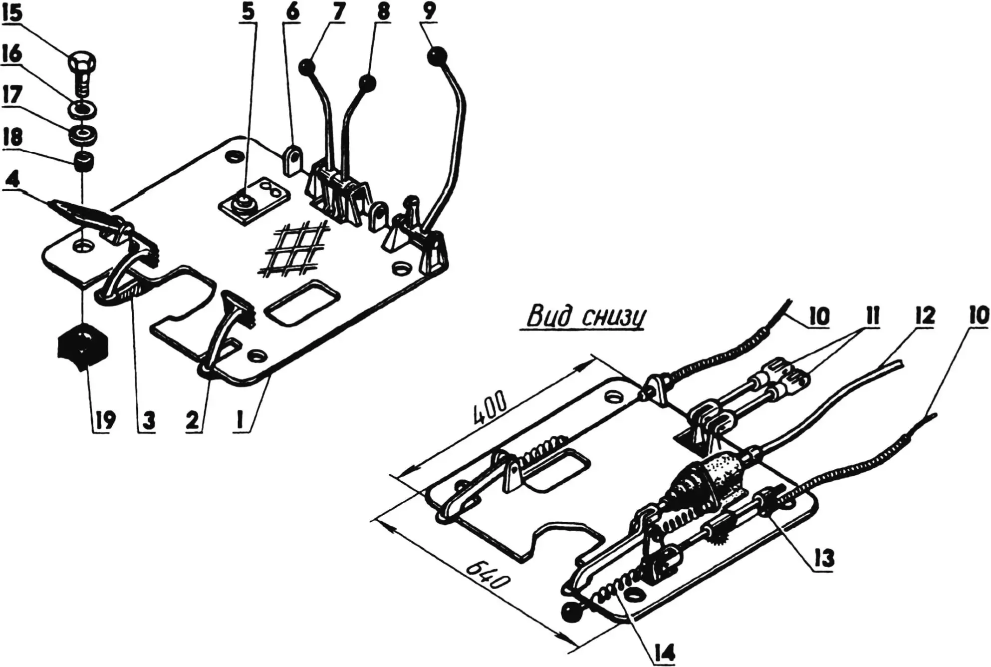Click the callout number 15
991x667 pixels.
point(12,13)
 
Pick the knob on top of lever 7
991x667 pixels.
point(306,67)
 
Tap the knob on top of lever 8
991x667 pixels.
point(367,82)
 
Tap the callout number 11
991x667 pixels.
point(869,316)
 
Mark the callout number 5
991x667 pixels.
point(248,12)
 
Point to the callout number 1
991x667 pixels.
point(241,420)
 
